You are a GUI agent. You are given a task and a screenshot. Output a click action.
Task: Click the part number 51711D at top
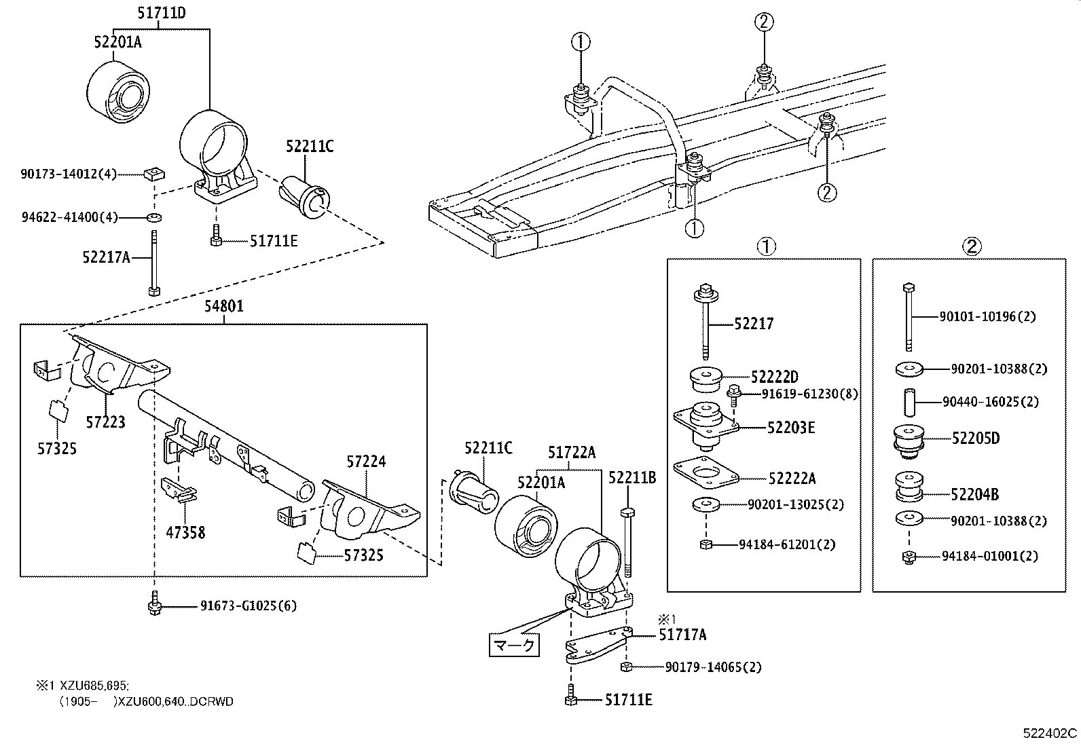tap(161, 12)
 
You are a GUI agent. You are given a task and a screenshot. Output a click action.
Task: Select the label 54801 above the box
tap(224, 306)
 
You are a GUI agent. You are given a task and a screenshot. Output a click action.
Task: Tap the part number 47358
tap(185, 532)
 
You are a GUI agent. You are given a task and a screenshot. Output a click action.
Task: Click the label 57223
tap(105, 422)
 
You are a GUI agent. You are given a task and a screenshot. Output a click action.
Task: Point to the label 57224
tap(366, 462)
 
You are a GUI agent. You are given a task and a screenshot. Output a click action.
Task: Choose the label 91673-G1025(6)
tap(248, 605)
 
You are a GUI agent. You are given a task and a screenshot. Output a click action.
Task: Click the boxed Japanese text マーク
tap(515, 644)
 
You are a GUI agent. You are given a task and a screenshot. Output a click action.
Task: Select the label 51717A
tap(682, 635)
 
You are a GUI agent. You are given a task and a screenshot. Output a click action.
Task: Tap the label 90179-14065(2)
tap(713, 667)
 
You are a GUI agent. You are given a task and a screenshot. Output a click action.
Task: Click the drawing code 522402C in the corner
tap(1050, 733)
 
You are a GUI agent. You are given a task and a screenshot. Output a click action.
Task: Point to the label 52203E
tap(791, 428)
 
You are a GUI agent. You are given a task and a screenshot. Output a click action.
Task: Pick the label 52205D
tap(975, 438)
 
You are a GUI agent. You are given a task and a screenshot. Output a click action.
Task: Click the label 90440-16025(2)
tap(990, 402)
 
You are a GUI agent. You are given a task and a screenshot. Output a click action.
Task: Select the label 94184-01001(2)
tap(989, 556)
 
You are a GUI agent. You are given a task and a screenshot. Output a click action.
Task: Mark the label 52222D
tap(774, 377)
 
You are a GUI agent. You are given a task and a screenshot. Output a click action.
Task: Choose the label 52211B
tap(631, 478)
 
